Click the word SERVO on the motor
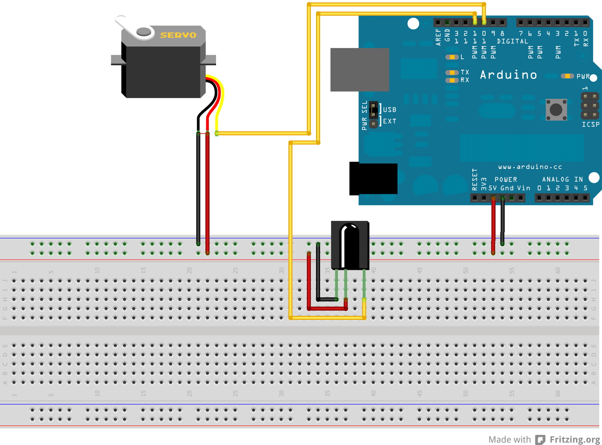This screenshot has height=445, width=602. (178, 35)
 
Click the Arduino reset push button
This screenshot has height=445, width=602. (556, 110)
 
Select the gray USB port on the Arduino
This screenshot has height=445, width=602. (359, 70)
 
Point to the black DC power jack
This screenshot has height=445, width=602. (373, 179)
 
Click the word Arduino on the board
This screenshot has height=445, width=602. (508, 75)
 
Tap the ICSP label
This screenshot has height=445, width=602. (590, 124)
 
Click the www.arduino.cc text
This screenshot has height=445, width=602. (530, 167)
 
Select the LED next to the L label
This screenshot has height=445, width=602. (451, 57)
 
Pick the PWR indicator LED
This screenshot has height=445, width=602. (567, 76)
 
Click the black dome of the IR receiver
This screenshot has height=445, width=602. (350, 245)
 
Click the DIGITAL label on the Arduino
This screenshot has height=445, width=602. (512, 41)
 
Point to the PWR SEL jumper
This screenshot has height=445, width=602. (373, 115)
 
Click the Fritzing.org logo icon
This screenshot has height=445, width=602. (540, 439)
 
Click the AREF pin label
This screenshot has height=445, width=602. (438, 37)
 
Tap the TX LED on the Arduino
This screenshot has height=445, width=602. (451, 72)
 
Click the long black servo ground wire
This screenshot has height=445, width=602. (198, 188)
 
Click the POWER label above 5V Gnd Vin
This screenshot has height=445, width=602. (505, 179)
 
